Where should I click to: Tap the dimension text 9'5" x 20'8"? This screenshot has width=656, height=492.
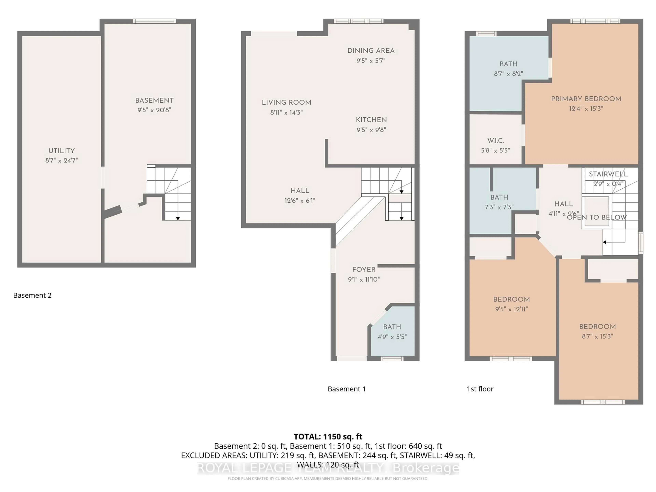coord(154,110)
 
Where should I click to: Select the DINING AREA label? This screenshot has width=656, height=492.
coord(371,51)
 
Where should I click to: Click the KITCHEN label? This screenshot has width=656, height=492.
coord(371,120)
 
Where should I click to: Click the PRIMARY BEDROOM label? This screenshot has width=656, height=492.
coord(586,99)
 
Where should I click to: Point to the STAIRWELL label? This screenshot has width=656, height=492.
coord(608,174)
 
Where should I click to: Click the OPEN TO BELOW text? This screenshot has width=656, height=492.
coord(597,217)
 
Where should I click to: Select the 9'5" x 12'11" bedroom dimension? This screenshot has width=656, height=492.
coord(511,309)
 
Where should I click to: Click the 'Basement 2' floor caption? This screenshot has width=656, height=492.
coord(32,295)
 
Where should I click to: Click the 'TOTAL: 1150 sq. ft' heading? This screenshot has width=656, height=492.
coord(328,436)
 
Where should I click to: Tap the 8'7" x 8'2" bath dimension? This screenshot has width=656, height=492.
coord(508,74)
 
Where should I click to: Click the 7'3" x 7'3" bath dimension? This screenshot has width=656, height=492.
coord(499,207)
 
